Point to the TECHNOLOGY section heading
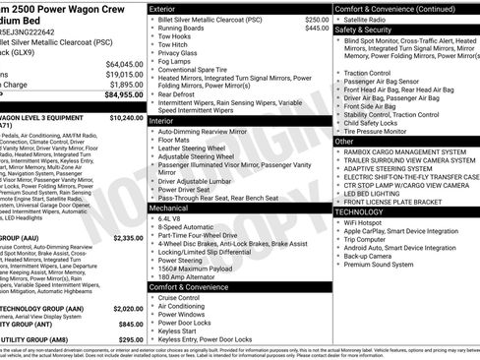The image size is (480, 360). tap(360, 211)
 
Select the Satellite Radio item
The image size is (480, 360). tap(366, 19)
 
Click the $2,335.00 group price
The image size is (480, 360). tap(127, 238)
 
